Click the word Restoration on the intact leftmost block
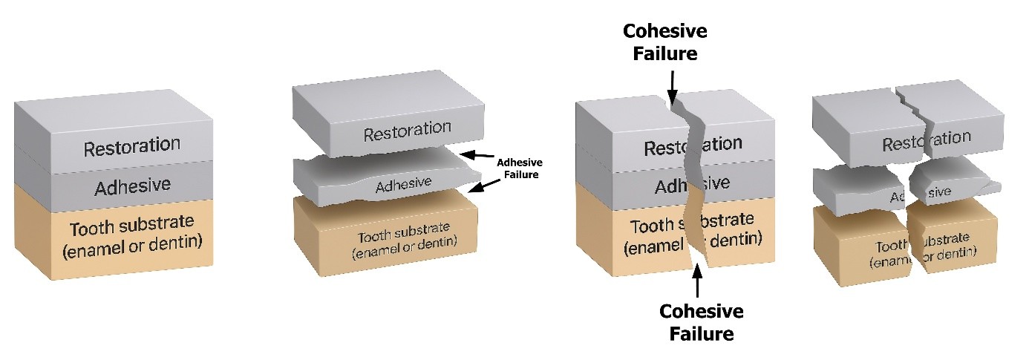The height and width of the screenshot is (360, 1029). [x=131, y=146]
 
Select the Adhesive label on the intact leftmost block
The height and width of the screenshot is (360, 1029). [x=132, y=186]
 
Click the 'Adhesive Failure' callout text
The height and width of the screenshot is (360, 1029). [x=519, y=168]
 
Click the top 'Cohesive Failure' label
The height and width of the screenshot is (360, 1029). [x=664, y=42]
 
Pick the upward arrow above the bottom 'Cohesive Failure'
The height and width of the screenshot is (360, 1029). [x=696, y=280]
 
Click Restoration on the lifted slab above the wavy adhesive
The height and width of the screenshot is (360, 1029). [x=407, y=132]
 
